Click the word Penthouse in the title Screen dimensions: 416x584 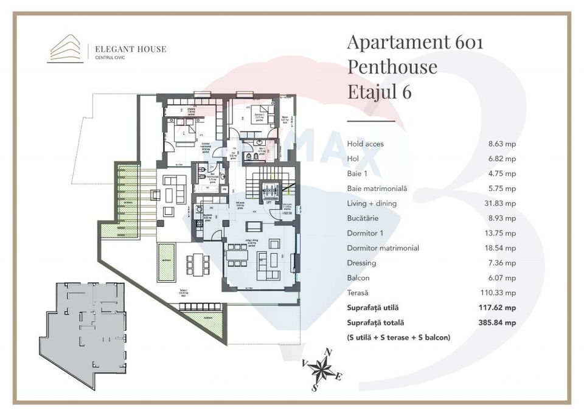pyautogui.click(x=392, y=66)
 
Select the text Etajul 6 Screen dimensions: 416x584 pyautogui.click(x=379, y=91)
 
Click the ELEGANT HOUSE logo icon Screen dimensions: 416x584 pyautogui.click(x=65, y=49)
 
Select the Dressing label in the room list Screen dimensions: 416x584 pyautogui.click(x=361, y=263)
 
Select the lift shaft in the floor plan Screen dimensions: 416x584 pyautogui.click(x=268, y=192)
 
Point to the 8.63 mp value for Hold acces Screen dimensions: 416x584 pyautogui.click(x=502, y=144)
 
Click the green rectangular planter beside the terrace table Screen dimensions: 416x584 pyautogui.click(x=166, y=262)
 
